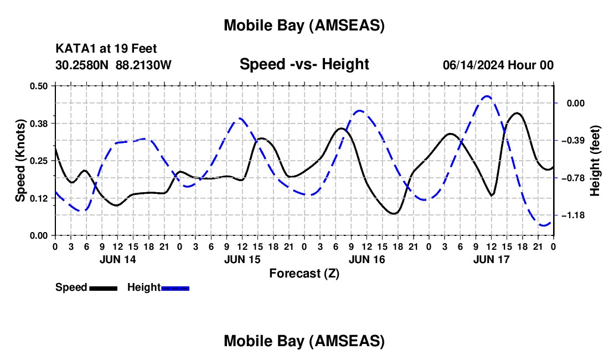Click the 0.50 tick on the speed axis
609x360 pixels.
click(x=39, y=85)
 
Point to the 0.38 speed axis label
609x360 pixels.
click(x=39, y=123)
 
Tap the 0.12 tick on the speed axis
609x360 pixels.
click(x=39, y=198)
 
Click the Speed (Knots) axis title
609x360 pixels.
click(x=20, y=161)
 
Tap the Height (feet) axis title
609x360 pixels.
click(x=595, y=161)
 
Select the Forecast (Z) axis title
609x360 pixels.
click(x=304, y=273)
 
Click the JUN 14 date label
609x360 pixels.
click(x=117, y=259)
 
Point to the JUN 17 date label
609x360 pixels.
click(x=492, y=259)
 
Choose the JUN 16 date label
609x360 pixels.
click(x=367, y=259)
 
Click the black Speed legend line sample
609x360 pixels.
click(x=102, y=288)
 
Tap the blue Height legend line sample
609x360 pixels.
click(x=175, y=288)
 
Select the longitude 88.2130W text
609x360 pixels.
click(x=144, y=65)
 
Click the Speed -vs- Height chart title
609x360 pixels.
click(x=304, y=64)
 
